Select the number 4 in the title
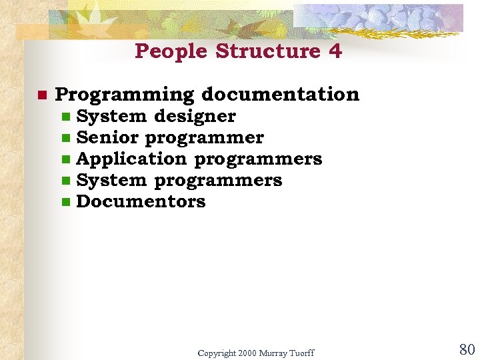click(335, 51)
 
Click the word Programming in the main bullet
click(124, 95)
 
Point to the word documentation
click(280, 95)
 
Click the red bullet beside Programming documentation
click(41, 95)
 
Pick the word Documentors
click(141, 201)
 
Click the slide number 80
click(466, 349)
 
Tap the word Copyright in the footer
click(217, 353)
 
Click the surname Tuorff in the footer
click(301, 353)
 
